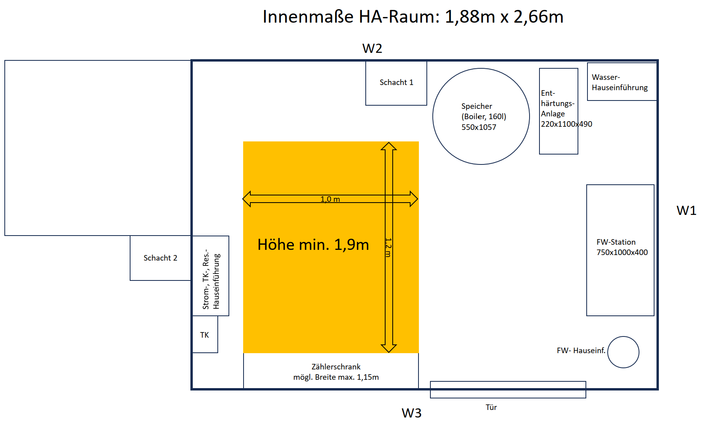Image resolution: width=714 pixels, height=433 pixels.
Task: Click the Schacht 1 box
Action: coord(396,83)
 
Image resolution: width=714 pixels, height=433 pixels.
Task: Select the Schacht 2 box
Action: coord(161,258)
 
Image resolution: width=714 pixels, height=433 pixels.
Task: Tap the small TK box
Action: coord(205,334)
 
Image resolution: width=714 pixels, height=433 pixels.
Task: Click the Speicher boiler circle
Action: coord(481,116)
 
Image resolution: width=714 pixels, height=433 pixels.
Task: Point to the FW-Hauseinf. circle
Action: coord(623,352)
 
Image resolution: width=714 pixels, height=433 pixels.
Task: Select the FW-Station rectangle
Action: coord(620,250)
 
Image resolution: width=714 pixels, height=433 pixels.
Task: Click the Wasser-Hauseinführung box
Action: coord(622,82)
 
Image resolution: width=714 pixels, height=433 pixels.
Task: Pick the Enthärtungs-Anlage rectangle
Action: coord(559,111)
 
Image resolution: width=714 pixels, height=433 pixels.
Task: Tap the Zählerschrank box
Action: coord(331,371)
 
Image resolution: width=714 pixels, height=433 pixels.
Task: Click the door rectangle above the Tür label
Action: coord(508,390)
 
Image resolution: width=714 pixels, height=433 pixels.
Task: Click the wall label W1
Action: coord(686,211)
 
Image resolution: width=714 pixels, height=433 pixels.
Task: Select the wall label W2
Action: coord(372,48)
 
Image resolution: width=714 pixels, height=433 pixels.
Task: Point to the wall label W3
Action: coord(411,413)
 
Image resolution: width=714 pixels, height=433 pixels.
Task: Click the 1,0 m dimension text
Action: coord(330,199)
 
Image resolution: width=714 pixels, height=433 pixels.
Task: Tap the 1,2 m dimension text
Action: coord(388,247)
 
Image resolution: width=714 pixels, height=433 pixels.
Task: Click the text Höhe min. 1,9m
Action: coord(313,245)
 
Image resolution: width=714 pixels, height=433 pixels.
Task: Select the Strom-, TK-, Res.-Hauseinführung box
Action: coord(211,276)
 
